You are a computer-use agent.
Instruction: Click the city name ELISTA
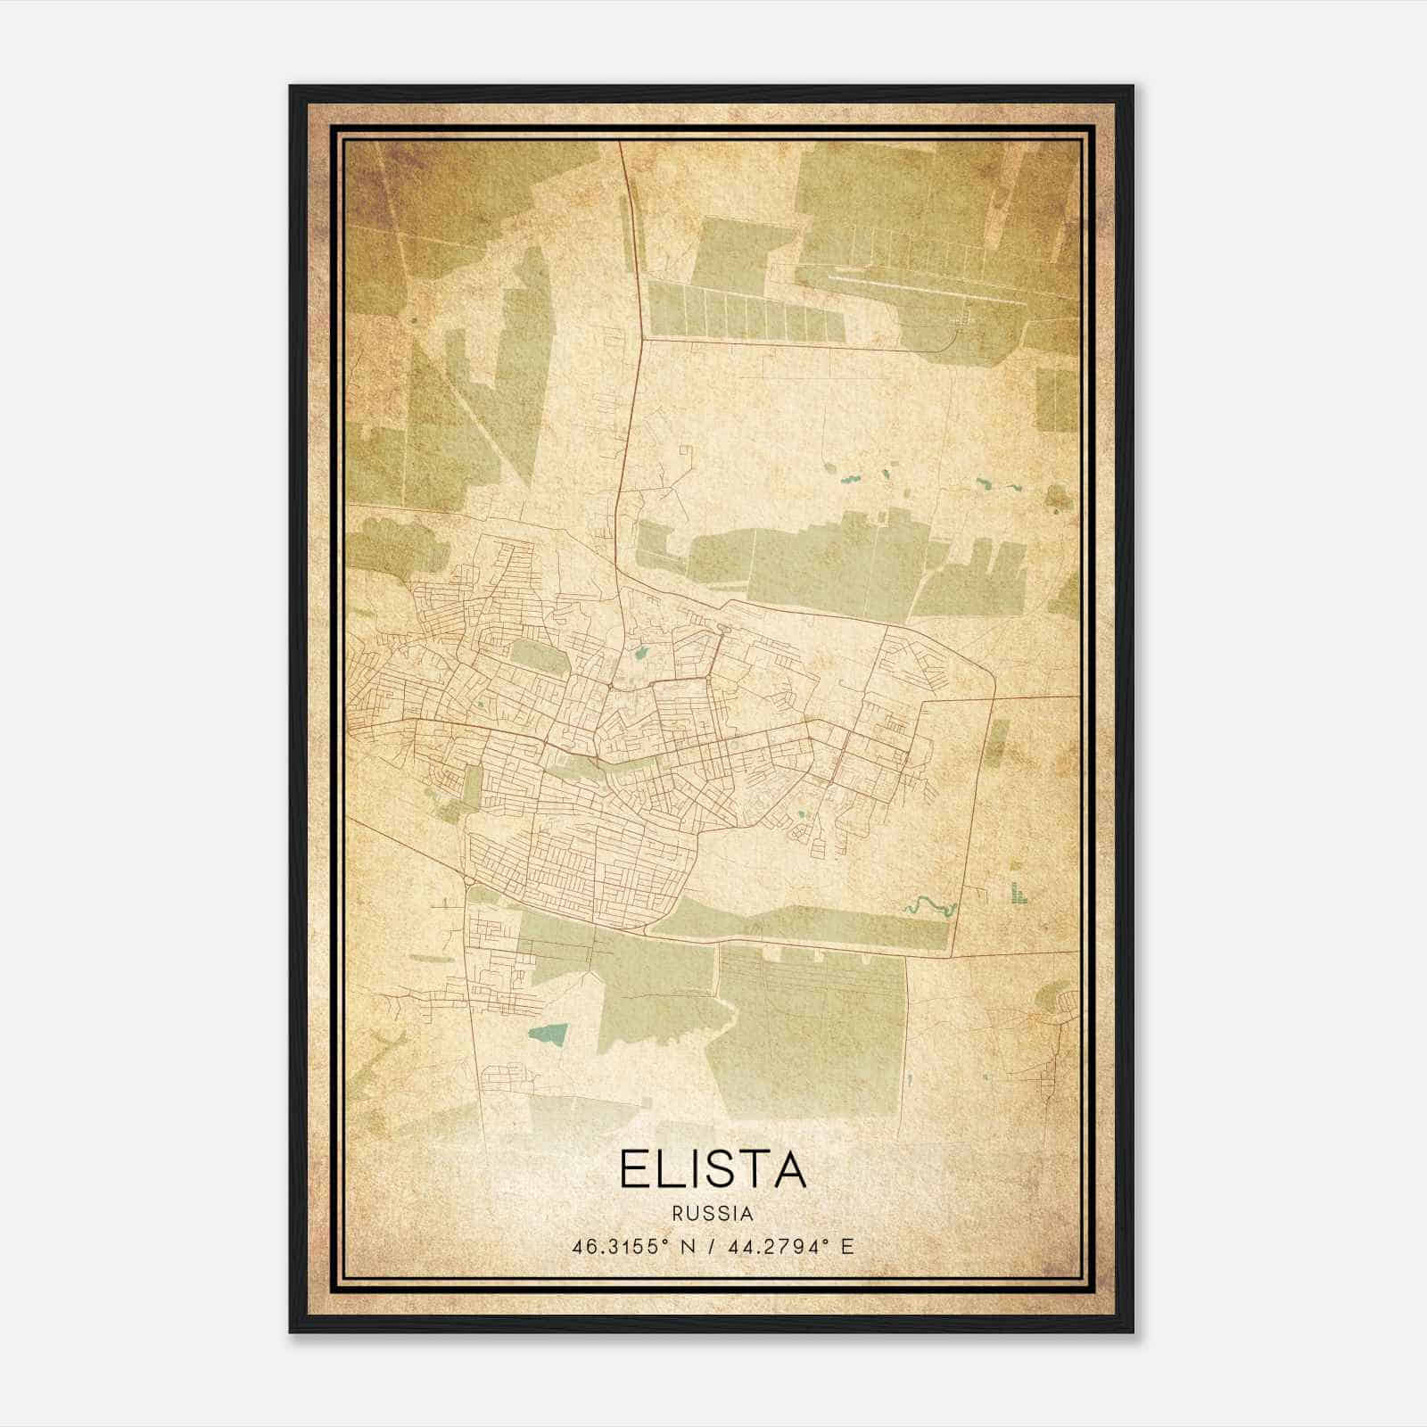[x=713, y=1169]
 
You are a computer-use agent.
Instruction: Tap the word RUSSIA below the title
[x=713, y=1214]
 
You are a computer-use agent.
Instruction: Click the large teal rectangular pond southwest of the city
[x=547, y=1034]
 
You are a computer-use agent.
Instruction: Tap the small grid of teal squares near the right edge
[x=1018, y=893]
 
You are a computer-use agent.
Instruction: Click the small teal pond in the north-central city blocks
[x=640, y=654]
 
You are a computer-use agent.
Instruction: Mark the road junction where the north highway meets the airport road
[x=644, y=338]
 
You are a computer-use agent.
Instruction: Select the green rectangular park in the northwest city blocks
[x=539, y=658]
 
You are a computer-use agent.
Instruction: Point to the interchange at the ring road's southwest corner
[x=467, y=883]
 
